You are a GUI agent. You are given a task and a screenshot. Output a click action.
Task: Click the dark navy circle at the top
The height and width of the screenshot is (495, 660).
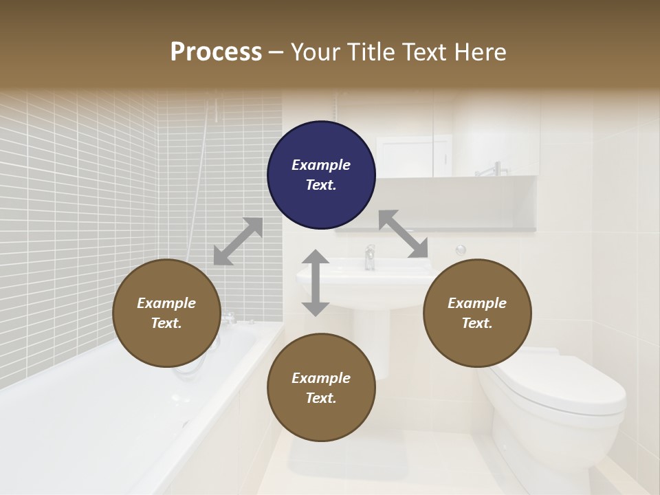tap(321, 175)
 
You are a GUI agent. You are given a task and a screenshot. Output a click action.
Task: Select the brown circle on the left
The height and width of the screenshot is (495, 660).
tap(166, 313)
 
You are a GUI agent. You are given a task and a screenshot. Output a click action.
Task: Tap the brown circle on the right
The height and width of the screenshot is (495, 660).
tap(477, 313)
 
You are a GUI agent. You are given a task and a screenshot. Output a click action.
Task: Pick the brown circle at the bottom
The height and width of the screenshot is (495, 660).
tap(321, 388)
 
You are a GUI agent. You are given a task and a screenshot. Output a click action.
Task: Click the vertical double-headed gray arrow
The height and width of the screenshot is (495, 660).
tap(316, 283)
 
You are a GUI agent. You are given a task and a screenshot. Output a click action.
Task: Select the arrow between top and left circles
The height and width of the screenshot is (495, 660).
tap(238, 241)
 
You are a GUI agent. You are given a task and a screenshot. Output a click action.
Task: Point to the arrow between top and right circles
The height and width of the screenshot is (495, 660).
tap(404, 234)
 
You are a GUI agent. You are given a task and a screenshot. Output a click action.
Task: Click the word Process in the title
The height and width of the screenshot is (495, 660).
tap(216, 52)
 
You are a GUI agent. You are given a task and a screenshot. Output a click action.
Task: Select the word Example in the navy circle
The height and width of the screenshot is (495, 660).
tap(321, 165)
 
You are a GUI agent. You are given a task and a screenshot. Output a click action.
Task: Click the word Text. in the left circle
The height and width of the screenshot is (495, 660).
tap(166, 323)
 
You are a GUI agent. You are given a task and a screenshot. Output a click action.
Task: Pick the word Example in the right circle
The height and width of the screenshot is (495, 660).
tap(477, 303)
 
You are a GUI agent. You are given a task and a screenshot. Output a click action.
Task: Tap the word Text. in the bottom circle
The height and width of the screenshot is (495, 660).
tap(321, 398)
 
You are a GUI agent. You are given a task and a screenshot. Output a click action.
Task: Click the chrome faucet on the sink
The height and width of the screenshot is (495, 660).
tap(370, 257)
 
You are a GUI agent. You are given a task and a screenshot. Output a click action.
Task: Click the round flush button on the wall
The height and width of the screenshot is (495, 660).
tap(461, 250)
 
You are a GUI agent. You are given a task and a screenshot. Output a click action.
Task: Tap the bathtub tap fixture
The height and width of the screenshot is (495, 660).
tap(229, 318)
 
